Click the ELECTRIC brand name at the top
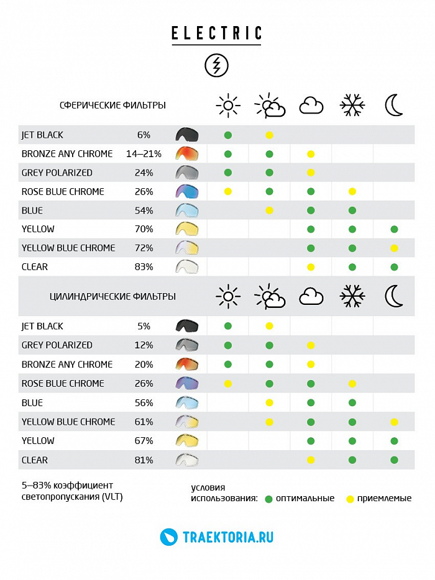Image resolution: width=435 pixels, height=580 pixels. [x=217, y=33]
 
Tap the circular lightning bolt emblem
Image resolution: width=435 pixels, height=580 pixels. [x=217, y=65]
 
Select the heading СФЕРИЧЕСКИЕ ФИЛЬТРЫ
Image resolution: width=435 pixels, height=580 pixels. [x=112, y=106]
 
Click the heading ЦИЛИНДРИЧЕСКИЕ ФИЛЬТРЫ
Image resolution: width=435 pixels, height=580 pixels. [x=112, y=297]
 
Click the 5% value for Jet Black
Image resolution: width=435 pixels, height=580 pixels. [x=144, y=326]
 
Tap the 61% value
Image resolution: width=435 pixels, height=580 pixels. [x=144, y=422]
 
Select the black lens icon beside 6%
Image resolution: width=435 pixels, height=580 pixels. [x=186, y=135]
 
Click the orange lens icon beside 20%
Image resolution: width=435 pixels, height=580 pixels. [x=186, y=364]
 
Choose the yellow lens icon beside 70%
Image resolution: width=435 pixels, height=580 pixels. [x=186, y=229]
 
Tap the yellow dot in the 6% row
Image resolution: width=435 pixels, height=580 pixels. [x=269, y=135]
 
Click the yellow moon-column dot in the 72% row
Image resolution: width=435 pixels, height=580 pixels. [x=394, y=248]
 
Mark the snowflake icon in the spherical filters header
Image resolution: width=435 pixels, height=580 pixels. [x=352, y=106]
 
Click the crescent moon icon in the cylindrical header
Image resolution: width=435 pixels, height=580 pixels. [x=394, y=297]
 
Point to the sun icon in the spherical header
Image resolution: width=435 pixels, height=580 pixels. [x=228, y=106]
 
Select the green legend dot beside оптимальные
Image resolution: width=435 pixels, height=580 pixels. [x=268, y=499]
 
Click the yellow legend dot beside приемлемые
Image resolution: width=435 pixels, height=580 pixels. [x=350, y=499]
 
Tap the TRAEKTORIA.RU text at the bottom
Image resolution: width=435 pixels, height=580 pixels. [x=228, y=537]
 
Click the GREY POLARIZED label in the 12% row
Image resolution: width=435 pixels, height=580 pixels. [x=57, y=345]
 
